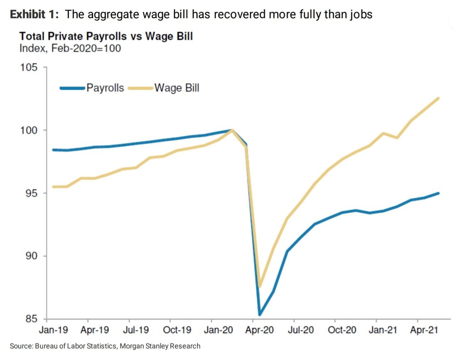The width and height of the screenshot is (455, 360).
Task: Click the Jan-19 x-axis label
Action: point(53,330)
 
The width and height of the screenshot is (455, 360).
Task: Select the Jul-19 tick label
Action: point(136,330)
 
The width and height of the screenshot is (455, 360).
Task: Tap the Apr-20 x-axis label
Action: point(259,330)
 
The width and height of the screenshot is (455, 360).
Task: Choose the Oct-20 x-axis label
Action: point(342,330)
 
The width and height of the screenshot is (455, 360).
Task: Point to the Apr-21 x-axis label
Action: point(424,330)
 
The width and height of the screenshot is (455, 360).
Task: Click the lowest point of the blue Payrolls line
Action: point(260,314)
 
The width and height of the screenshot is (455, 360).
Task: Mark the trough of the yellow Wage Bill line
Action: point(260,286)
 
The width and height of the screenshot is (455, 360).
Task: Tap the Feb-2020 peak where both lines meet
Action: point(232,130)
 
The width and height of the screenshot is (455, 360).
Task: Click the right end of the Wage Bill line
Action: point(438,98)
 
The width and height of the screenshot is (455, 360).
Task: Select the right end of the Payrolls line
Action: point(438,193)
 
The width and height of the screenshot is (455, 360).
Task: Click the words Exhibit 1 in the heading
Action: point(33,14)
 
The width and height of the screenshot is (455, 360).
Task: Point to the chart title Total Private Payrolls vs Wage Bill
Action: point(106,36)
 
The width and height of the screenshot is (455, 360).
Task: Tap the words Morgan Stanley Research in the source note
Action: point(160,346)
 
